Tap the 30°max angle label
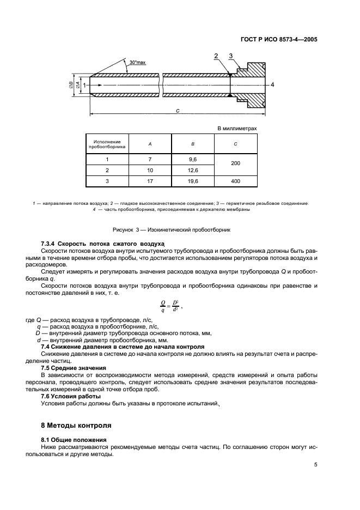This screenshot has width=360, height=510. pyautogui.click(x=137, y=63)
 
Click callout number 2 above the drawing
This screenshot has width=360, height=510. pyautogui.click(x=216, y=56)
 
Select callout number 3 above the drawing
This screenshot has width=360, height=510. pyautogui.click(x=230, y=56)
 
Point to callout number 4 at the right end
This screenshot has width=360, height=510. pyautogui.click(x=272, y=84)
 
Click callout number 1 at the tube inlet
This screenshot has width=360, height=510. pyautogui.click(x=84, y=85)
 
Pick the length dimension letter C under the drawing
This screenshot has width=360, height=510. pyautogui.click(x=178, y=110)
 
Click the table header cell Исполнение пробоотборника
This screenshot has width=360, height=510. pyautogui.click(x=107, y=144)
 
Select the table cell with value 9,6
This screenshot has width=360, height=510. pyautogui.click(x=192, y=159)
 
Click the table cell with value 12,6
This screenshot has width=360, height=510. pyautogui.click(x=192, y=171)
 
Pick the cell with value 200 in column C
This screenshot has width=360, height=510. pyautogui.click(x=235, y=165)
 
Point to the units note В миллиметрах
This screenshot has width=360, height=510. pyautogui.click(x=237, y=129)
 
